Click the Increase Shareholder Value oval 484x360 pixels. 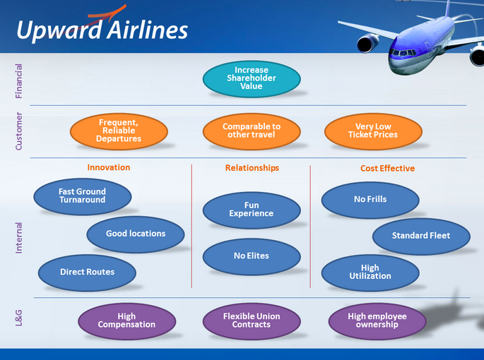(252, 78)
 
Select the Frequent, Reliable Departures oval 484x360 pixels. (119, 131)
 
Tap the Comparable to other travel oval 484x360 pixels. (252, 131)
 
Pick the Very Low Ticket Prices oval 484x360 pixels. (373, 131)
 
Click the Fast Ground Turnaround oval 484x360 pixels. (83, 196)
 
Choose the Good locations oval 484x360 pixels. (136, 234)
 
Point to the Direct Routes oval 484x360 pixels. (87, 272)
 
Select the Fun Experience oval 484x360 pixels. (252, 210)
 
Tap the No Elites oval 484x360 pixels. (252, 257)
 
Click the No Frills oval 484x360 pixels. (370, 200)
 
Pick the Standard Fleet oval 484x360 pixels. (421, 236)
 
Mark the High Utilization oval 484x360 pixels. (370, 272)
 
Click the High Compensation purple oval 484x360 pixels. (127, 321)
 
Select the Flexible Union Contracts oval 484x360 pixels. (252, 321)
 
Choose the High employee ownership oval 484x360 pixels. (377, 321)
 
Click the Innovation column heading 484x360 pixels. (109, 167)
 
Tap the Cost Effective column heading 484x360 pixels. (387, 168)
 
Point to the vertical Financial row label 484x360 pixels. (19, 81)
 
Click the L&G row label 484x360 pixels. (19, 318)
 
